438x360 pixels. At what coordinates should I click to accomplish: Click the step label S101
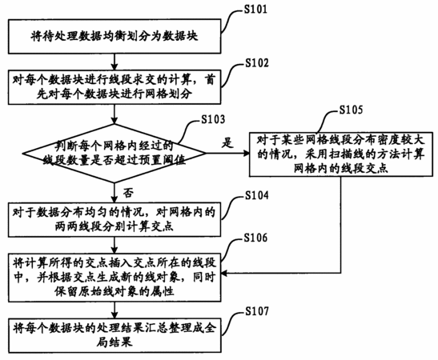tap(255, 10)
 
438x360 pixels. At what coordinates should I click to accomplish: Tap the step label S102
tap(257, 63)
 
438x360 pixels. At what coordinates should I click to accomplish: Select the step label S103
tap(213, 119)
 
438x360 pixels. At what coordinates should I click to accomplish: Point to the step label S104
tap(257, 195)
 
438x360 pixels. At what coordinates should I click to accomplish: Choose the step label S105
tap(351, 110)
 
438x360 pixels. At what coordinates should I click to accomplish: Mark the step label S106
tap(255, 238)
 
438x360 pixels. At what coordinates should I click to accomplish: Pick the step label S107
tap(257, 311)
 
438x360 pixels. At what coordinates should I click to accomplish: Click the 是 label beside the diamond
tap(227, 142)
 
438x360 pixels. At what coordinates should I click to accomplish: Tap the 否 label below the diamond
tap(128, 193)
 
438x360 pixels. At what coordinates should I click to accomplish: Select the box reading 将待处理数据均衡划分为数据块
tap(115, 36)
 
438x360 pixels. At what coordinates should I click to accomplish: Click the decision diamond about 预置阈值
tap(115, 154)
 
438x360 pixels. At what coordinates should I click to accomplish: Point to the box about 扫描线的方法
tap(341, 154)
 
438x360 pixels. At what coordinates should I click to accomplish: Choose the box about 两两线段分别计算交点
tap(115, 220)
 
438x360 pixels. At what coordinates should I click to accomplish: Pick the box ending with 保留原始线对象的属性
tap(115, 278)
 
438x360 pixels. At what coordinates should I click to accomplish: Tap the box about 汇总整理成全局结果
tap(115, 335)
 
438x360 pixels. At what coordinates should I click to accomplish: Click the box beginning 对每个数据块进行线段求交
tap(115, 88)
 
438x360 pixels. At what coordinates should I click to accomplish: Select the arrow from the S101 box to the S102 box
tap(115, 62)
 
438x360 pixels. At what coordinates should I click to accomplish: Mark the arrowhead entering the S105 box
tap(246, 153)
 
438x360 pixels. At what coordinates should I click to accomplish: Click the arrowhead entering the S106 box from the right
tap(224, 273)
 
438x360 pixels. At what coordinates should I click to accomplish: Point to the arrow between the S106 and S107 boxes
tap(115, 310)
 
